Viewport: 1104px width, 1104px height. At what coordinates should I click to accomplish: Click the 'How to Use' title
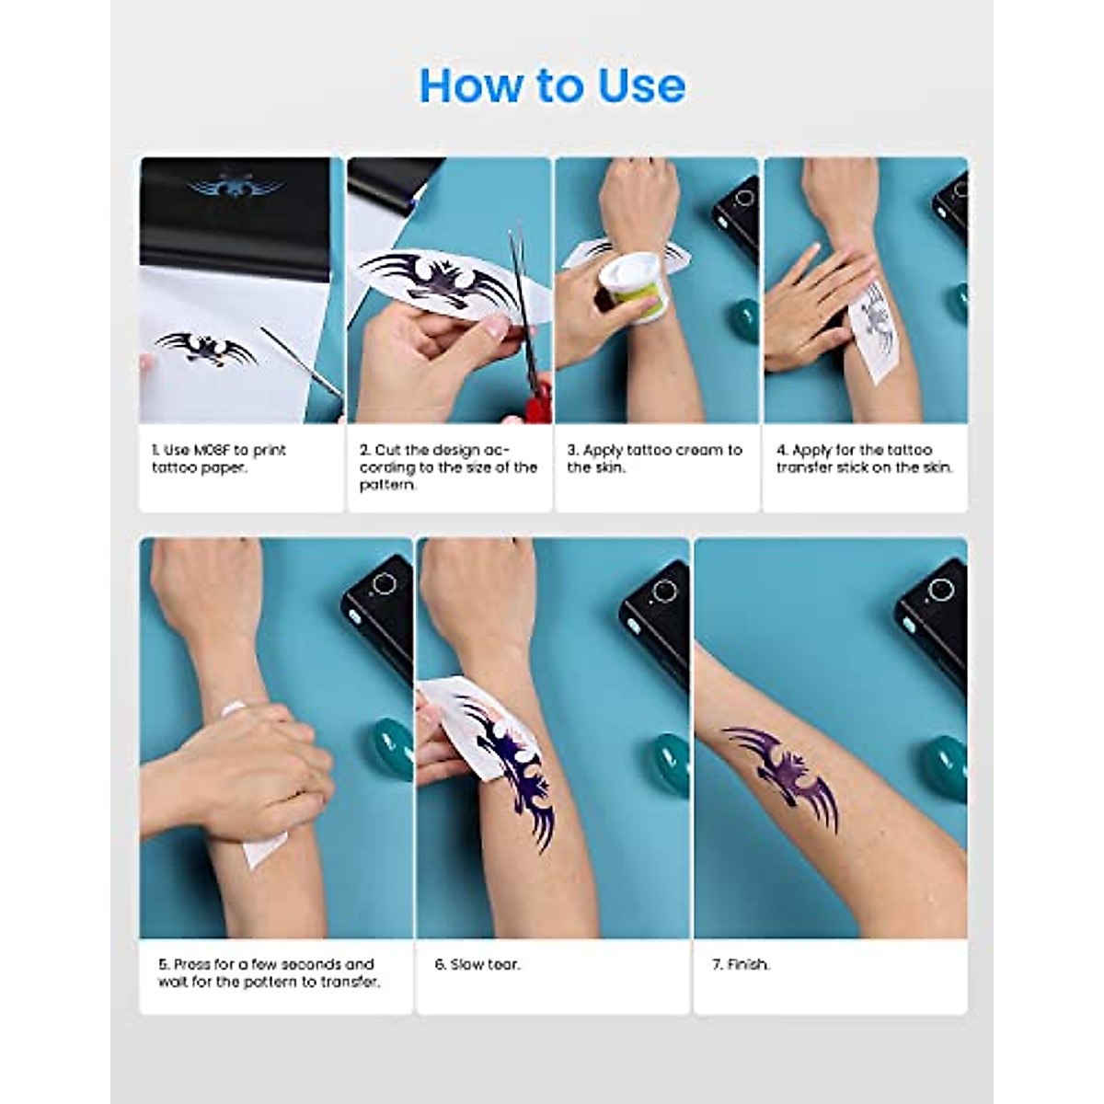552,86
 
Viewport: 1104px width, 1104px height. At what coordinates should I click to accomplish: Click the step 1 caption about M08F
219,458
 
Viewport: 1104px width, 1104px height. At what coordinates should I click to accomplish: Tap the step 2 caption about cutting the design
448,467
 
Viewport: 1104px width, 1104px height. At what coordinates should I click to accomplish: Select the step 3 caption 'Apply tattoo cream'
654,458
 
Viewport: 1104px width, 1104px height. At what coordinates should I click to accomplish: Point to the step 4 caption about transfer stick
864,458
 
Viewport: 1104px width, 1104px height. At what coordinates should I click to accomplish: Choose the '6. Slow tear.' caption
477,964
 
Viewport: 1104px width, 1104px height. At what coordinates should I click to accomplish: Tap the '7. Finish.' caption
741,964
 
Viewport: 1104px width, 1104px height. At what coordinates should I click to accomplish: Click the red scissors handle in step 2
537,400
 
